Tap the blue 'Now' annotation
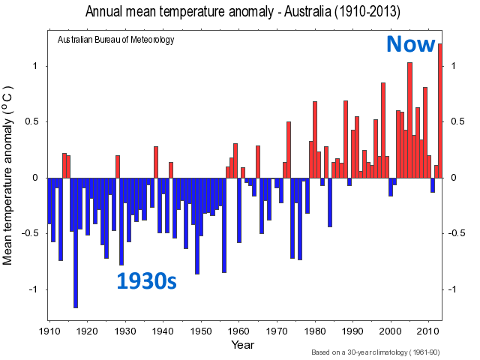pyautogui.click(x=410, y=44)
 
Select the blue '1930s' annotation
pyautogui.click(x=146, y=281)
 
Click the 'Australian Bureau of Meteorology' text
pyautogui.click(x=115, y=40)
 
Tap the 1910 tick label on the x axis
pyautogui.click(x=49, y=331)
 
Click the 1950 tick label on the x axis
pyautogui.click(x=201, y=331)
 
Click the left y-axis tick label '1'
pyautogui.click(x=34, y=66)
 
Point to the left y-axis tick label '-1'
pyautogui.click(x=31, y=289)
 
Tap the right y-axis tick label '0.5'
pyautogui.click(x=457, y=121)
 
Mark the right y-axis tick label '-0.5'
pyautogui.click(x=459, y=233)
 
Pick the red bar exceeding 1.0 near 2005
pyautogui.click(x=409, y=120)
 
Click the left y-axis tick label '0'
pyautogui.click(x=34, y=178)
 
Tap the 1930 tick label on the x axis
pyautogui.click(x=125, y=331)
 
